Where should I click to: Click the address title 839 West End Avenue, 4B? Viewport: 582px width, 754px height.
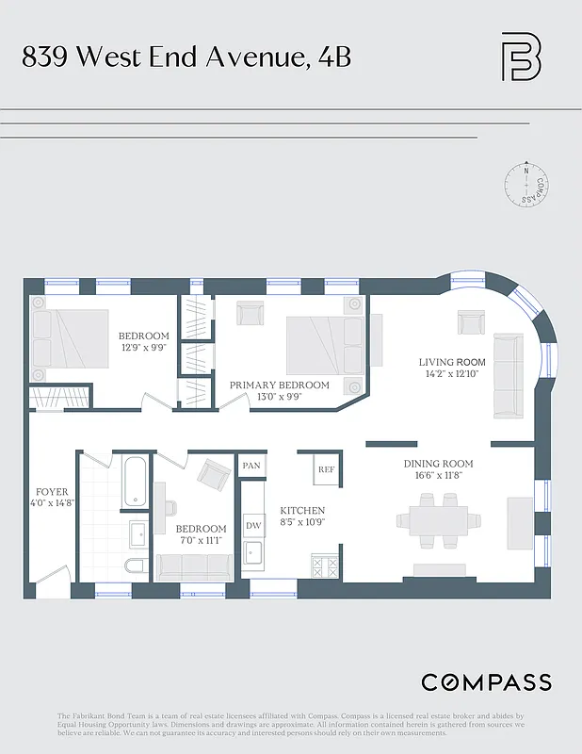click(186, 57)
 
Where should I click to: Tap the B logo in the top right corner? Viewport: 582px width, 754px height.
click(521, 57)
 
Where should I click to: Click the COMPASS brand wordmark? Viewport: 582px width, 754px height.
click(486, 682)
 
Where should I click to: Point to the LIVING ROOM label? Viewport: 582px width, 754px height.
click(452, 362)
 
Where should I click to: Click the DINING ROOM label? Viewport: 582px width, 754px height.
click(438, 464)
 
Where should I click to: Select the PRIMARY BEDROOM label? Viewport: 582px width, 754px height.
click(280, 385)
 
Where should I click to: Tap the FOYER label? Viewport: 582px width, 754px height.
click(52, 492)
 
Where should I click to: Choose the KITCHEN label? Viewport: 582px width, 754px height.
click(301, 510)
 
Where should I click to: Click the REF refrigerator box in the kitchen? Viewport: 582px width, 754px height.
click(326, 468)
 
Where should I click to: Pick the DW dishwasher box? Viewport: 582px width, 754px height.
click(252, 525)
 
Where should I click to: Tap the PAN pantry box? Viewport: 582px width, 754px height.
click(251, 466)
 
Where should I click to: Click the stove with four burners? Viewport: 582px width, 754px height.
click(325, 566)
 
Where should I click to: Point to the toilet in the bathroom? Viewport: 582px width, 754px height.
click(136, 565)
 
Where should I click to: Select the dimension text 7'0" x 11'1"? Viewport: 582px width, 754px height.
click(201, 541)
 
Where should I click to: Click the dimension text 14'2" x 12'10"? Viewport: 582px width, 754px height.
click(452, 373)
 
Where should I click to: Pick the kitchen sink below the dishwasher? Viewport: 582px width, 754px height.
click(252, 552)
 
